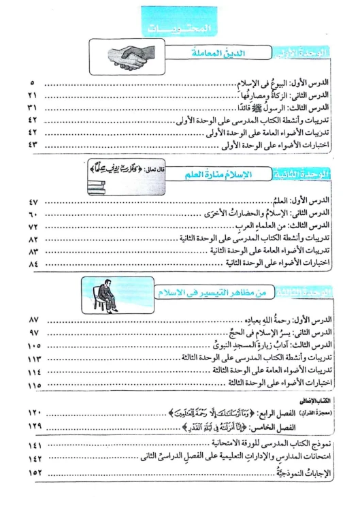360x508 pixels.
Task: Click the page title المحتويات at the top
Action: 180,27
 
